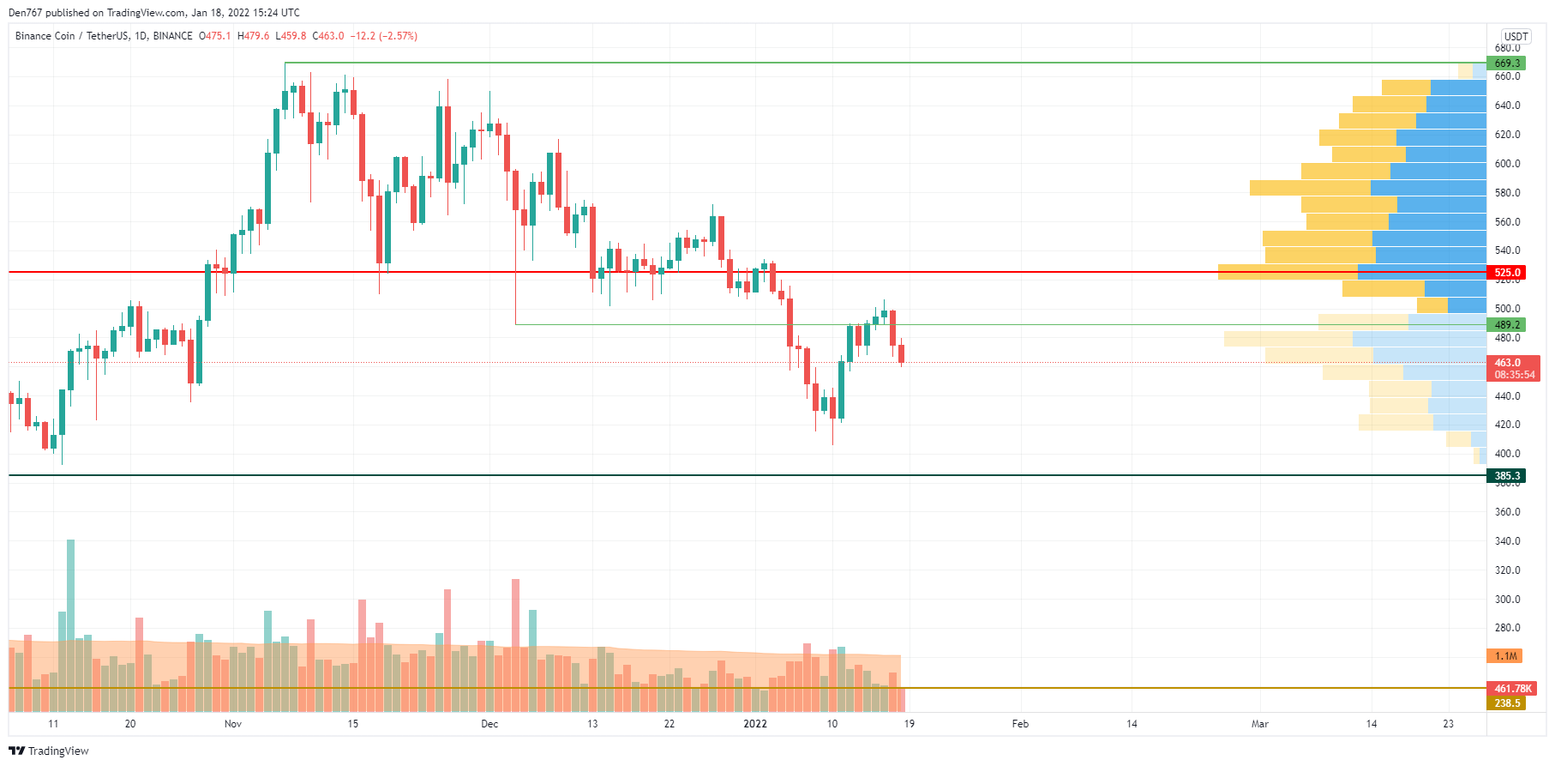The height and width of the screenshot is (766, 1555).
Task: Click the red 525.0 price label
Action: [1506, 273]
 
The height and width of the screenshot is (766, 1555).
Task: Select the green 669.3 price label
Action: [1506, 63]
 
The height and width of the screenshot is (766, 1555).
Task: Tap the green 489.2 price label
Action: [1506, 325]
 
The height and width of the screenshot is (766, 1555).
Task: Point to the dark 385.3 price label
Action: [1506, 476]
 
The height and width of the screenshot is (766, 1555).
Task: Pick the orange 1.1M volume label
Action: [1505, 656]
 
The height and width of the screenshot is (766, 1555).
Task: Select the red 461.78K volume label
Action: [1512, 689]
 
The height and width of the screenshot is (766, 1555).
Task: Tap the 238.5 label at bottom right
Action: [1506, 703]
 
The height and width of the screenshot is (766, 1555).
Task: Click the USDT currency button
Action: [1516, 36]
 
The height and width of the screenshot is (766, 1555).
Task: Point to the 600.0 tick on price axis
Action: [1507, 164]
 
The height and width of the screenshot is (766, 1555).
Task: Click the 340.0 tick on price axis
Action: [1507, 541]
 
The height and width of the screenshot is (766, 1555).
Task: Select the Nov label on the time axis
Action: [233, 724]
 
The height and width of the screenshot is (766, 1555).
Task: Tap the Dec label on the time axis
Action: [489, 724]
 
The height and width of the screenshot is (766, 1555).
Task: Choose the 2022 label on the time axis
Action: [755, 724]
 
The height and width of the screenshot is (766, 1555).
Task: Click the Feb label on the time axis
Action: [1020, 724]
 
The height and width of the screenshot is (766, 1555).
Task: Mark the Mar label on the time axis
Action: [1259, 724]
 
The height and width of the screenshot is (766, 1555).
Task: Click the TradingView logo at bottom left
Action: [49, 751]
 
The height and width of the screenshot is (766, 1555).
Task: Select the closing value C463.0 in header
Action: [328, 36]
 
